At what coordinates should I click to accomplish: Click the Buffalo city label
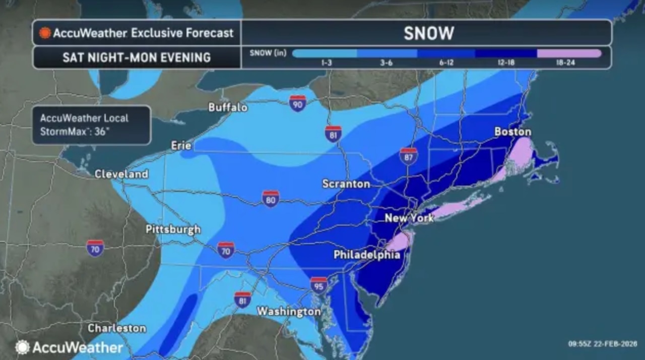[228, 107]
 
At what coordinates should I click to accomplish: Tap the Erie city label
[181, 146]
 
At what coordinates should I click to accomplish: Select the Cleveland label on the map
[121, 174]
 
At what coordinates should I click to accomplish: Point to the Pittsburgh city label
[173, 229]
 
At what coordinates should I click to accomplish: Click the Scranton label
[346, 184]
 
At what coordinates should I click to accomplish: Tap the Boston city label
[512, 132]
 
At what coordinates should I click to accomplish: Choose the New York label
[409, 218]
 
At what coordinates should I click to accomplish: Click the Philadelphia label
[367, 255]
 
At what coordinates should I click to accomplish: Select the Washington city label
[288, 312]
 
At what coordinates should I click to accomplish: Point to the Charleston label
[116, 328]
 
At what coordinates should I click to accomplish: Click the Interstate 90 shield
[298, 103]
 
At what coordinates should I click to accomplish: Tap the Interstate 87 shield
[408, 156]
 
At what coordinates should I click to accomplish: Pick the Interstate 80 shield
[271, 198]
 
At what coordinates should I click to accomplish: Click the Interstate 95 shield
[318, 285]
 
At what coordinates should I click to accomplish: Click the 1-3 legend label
[326, 63]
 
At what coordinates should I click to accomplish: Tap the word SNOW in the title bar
[428, 33]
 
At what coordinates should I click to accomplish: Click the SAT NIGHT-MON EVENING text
[136, 57]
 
